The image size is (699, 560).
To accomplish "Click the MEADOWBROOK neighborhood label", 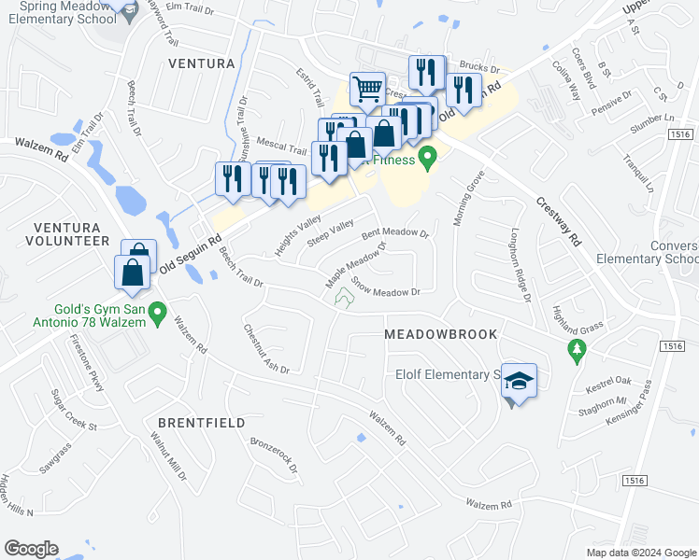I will tap(440, 334).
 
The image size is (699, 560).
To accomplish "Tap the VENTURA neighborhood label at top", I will tap(200, 63).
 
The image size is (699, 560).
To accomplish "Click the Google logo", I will tap(31, 549).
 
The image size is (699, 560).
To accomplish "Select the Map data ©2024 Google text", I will tap(641, 553).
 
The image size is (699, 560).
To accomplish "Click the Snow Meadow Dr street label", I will tap(387, 287).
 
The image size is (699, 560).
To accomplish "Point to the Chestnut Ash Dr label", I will tap(266, 349).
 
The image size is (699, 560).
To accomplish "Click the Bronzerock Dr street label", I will tap(273, 453).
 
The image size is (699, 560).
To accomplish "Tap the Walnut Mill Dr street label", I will tap(171, 455).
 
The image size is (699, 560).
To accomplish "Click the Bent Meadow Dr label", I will tap(394, 232).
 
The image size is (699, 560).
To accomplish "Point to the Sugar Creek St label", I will tap(75, 410).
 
